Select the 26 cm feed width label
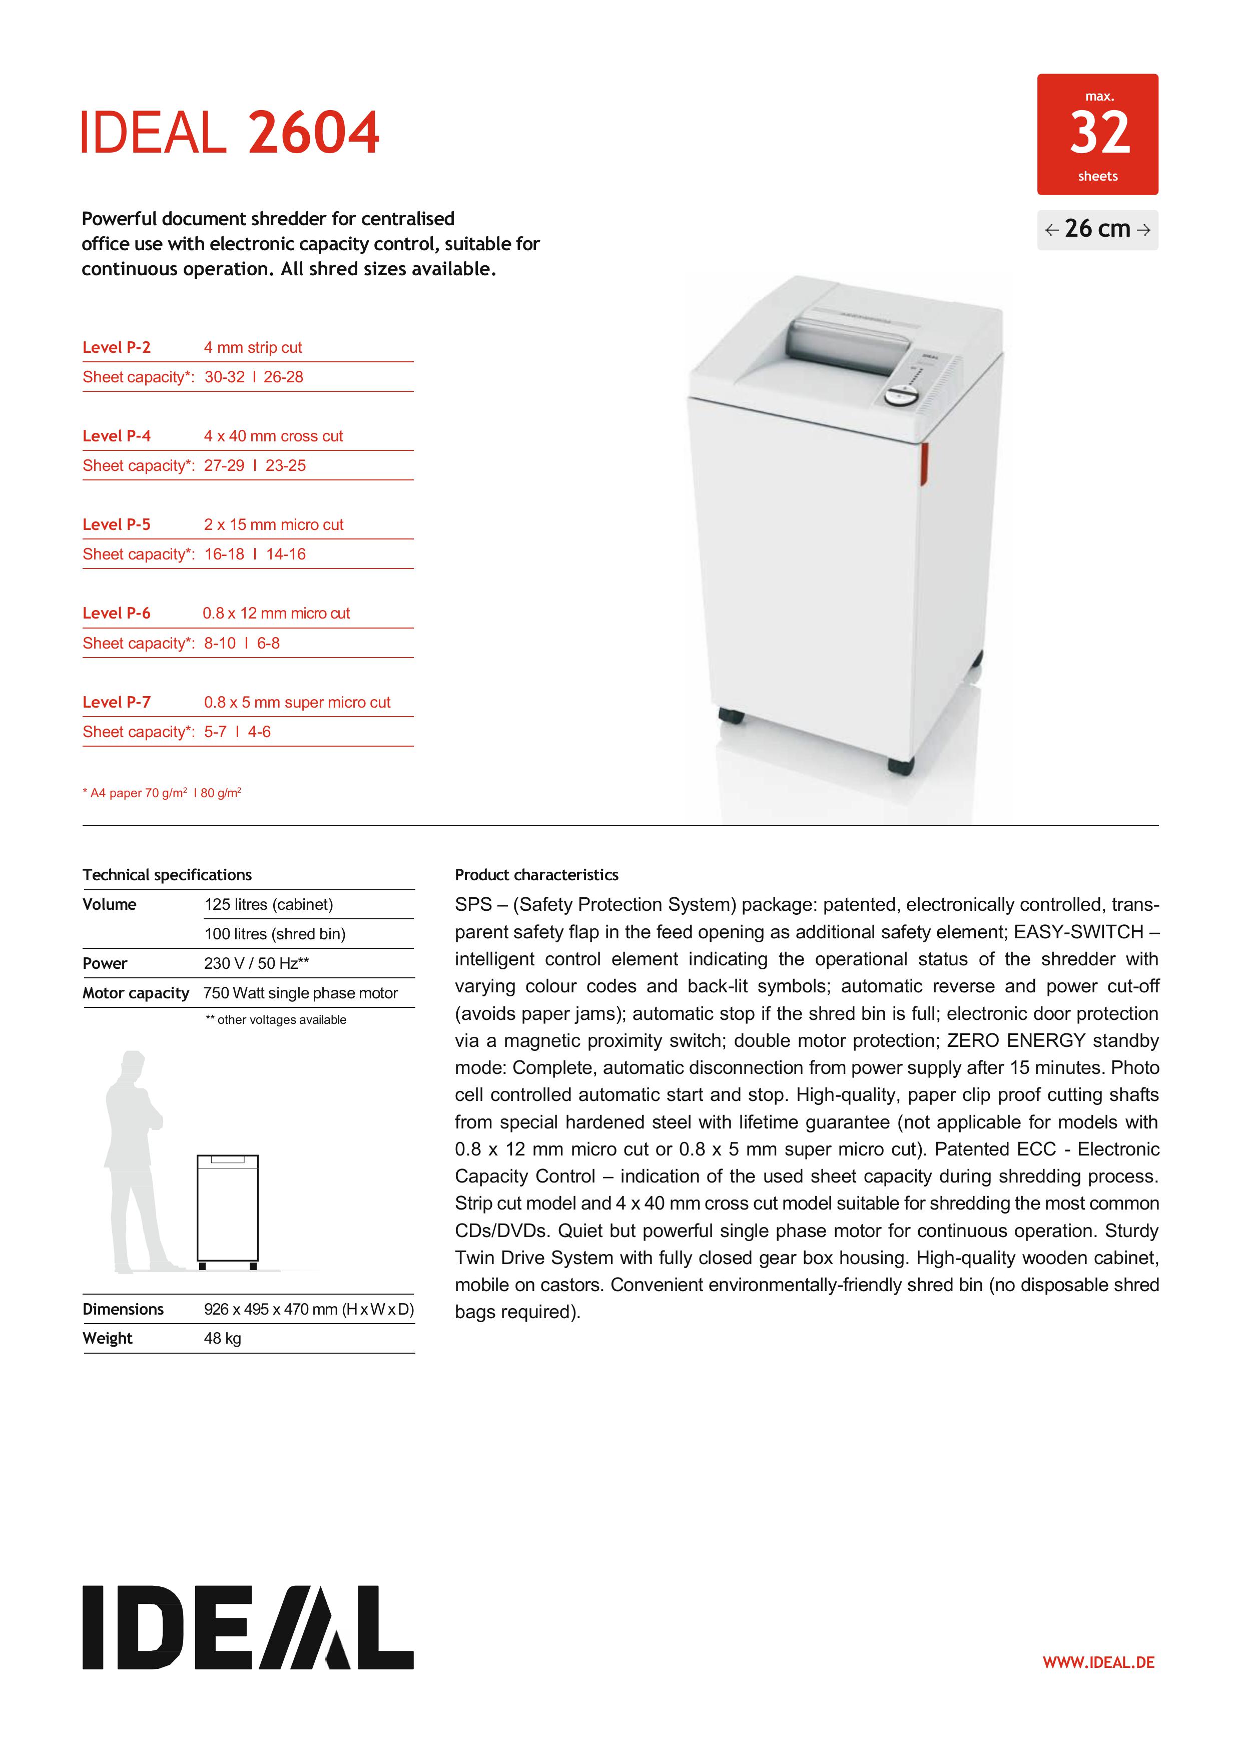[1097, 229]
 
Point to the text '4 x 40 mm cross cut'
[273, 436]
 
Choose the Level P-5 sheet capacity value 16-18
[224, 553]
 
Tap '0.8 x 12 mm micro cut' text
[276, 614]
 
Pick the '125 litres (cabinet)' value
[268, 904]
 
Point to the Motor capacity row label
[136, 993]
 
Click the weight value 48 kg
[223, 1338]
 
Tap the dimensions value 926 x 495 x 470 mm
[308, 1309]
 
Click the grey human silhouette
[136, 1162]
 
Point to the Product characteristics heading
[536, 875]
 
